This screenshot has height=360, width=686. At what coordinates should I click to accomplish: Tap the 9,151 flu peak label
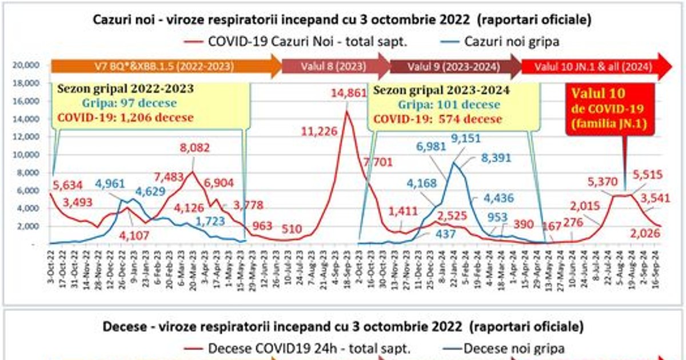(466, 138)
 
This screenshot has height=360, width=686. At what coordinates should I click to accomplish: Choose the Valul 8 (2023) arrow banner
(334, 66)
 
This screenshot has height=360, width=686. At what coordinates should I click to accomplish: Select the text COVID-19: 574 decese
(437, 119)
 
